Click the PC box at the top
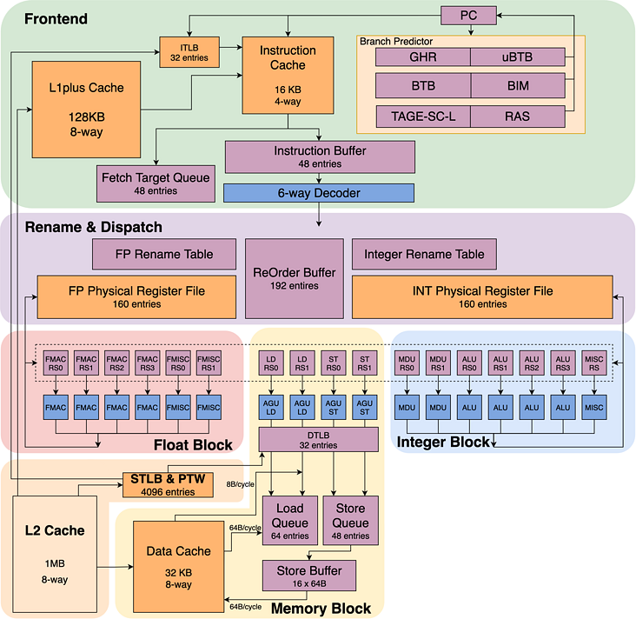[468, 16]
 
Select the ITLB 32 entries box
[189, 52]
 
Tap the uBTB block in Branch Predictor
[518, 57]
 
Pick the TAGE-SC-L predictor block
[423, 116]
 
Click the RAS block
[518, 116]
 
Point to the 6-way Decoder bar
[319, 193]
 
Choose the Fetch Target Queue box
[156, 183]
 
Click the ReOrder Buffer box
[295, 278]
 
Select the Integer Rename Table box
[424, 254]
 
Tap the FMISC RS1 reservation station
[209, 363]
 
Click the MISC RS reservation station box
[594, 363]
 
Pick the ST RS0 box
[334, 363]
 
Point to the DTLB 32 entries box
[318, 440]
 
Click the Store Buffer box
[309, 576]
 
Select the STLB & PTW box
[168, 484]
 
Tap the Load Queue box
[290, 521]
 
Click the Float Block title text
[193, 445]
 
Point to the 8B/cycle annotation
[240, 484]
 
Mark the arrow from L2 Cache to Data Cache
[116, 567]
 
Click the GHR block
[423, 57]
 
